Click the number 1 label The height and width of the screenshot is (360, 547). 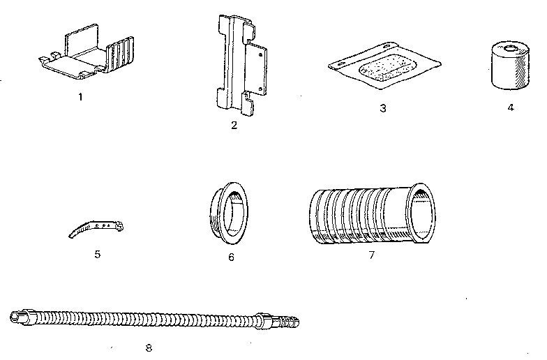tap(80, 97)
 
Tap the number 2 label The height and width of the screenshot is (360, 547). tap(234, 125)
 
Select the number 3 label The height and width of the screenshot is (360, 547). tap(382, 108)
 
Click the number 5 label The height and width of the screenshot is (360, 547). tap(97, 254)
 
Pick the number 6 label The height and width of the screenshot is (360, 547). tap(231, 257)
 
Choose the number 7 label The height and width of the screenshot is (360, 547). tap(371, 255)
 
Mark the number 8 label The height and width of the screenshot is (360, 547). tap(148, 347)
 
